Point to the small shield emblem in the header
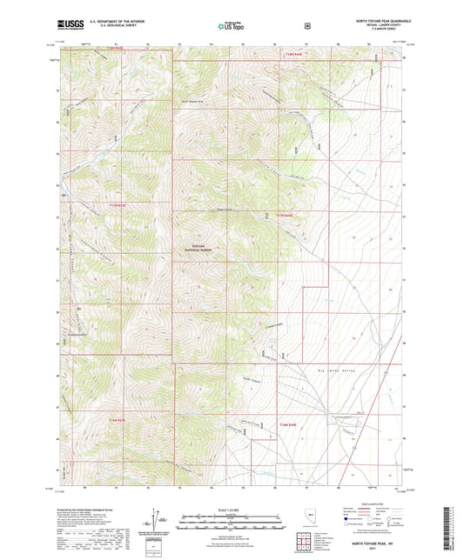[x=307, y=26]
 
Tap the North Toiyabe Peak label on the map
[x=193, y=101]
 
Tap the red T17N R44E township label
[x=286, y=215]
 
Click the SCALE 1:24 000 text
[x=232, y=510]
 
